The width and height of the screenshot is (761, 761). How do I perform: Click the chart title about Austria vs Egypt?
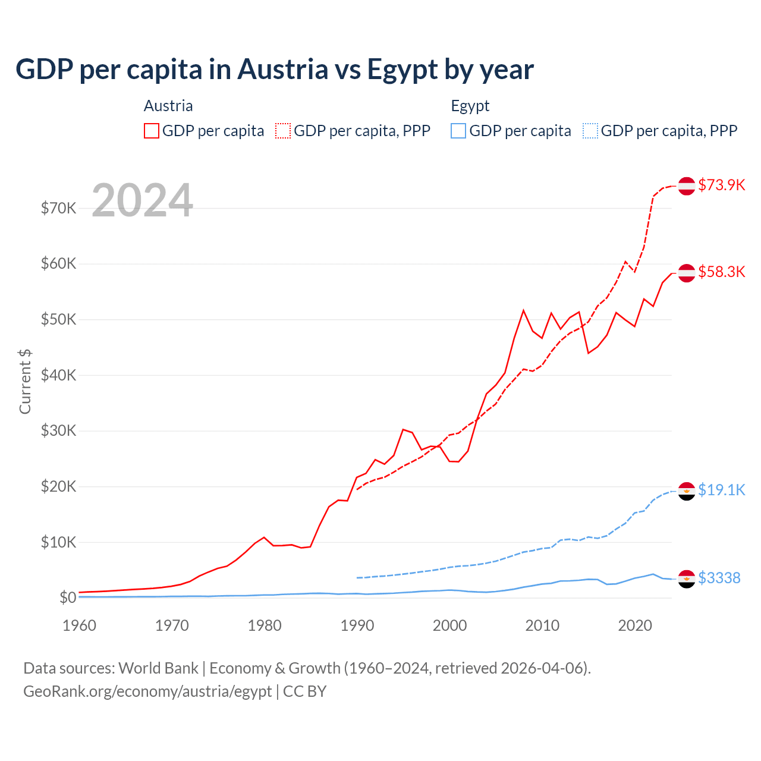click(x=274, y=70)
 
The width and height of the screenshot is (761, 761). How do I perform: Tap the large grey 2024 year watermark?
click(x=143, y=200)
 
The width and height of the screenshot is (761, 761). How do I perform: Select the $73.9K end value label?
click(x=721, y=185)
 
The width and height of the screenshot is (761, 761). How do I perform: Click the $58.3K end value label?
click(x=721, y=272)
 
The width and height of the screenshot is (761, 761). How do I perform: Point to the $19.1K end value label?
click(x=721, y=490)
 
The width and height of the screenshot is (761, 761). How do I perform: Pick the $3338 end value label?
click(x=719, y=578)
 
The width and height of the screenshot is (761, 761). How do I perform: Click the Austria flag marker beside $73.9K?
click(x=687, y=185)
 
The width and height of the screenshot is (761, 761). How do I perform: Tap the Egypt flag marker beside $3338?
click(x=687, y=578)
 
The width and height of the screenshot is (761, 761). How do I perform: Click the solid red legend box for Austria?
click(x=152, y=131)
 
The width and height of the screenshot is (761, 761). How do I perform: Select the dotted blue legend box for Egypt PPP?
click(x=590, y=131)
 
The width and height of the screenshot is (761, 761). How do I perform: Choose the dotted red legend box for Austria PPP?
click(x=283, y=131)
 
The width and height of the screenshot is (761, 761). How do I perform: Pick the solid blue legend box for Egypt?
click(x=458, y=131)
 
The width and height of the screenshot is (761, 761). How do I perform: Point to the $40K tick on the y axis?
click(x=58, y=375)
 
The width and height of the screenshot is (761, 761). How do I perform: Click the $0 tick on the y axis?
click(x=67, y=598)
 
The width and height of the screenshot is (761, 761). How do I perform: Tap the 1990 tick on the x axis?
click(x=357, y=625)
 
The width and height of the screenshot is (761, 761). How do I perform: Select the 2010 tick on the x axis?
click(x=542, y=625)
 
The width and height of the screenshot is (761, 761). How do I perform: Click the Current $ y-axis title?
click(x=25, y=382)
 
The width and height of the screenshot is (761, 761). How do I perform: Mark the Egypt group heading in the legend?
click(x=470, y=106)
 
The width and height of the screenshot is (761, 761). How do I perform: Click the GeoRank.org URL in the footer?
click(x=147, y=691)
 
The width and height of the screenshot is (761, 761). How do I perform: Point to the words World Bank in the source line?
click(x=158, y=668)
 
